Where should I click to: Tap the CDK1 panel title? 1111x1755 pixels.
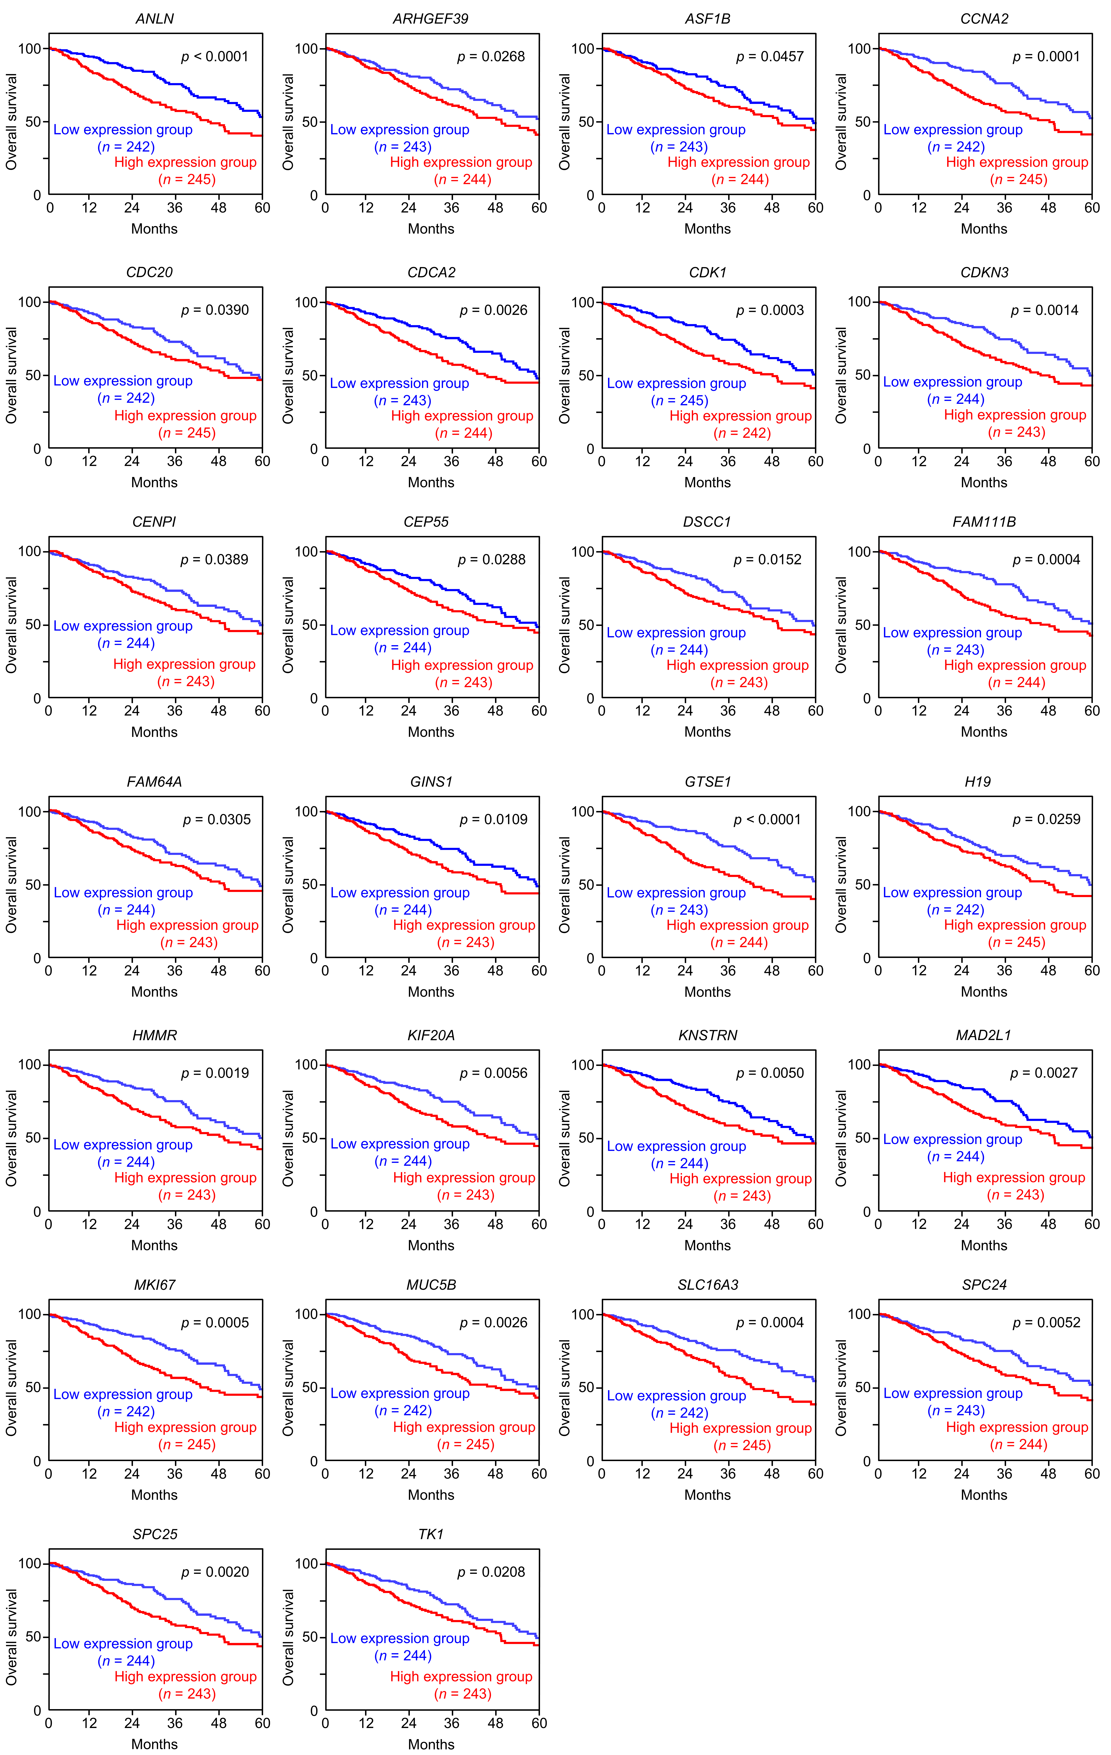pyautogui.click(x=707, y=273)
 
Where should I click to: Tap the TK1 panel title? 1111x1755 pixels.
pyautogui.click(x=431, y=1534)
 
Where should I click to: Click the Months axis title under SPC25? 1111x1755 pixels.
pyautogui.click(x=154, y=1744)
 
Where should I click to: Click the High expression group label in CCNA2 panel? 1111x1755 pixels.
pyautogui.click(x=1017, y=162)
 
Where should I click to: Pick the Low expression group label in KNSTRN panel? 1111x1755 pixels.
pyautogui.click(x=676, y=1146)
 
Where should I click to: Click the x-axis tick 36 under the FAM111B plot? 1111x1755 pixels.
pyautogui.click(x=1005, y=711)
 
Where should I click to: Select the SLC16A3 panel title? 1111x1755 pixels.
pyautogui.click(x=707, y=1285)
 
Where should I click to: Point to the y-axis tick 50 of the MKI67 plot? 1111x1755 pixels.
pyautogui.click(x=33, y=1388)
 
